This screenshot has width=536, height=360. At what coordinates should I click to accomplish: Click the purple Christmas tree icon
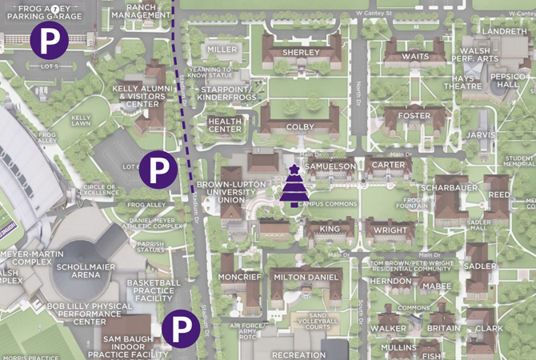pyautogui.click(x=294, y=186)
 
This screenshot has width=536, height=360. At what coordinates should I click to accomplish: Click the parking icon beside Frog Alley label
pyautogui.click(x=158, y=170)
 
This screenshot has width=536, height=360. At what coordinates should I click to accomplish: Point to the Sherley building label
pyautogui.click(x=302, y=53)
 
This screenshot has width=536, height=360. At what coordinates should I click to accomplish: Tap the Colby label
pyautogui.click(x=300, y=126)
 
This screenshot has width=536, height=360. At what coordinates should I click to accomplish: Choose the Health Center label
pyautogui.click(x=225, y=125)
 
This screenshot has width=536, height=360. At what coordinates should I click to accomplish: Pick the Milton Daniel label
pyautogui.click(x=306, y=277)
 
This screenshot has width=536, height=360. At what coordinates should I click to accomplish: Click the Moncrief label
pyautogui.click(x=239, y=277)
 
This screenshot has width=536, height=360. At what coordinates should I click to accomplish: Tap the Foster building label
pyautogui.click(x=414, y=116)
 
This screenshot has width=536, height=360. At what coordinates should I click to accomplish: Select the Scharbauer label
pyautogui.click(x=450, y=189)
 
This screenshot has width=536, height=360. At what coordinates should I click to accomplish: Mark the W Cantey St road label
pyautogui.click(x=374, y=14)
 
